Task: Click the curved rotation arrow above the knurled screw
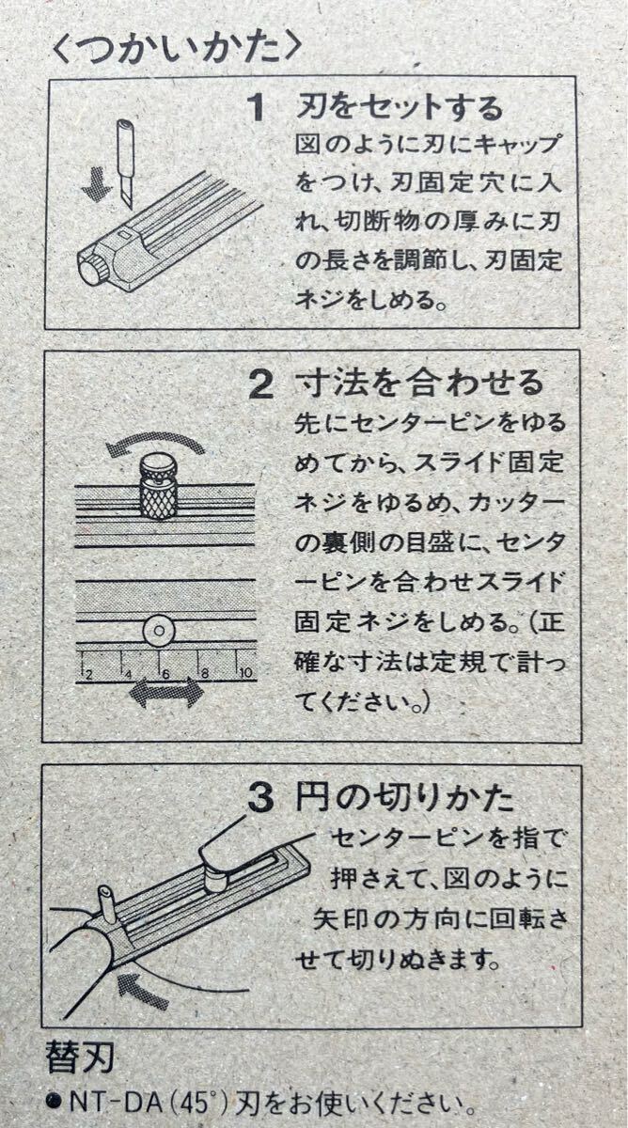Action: click(x=155, y=443)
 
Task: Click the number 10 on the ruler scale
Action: click(x=243, y=672)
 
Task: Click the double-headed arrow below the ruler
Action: click(x=165, y=695)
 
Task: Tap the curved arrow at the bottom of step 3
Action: click(x=146, y=990)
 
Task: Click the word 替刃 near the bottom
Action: click(x=80, y=1058)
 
